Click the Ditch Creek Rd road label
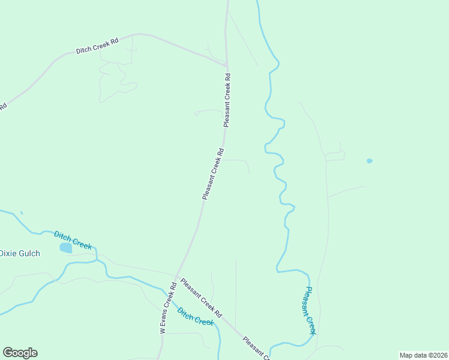[97, 46]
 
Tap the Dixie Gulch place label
[20, 253]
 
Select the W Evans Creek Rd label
[167, 308]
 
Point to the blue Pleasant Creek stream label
[310, 310]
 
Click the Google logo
[20, 353]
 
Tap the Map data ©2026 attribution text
[423, 355]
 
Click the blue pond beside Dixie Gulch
[65, 247]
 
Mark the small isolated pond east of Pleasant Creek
[369, 161]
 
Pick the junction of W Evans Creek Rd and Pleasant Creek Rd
[176, 277]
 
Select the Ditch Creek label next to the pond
[73, 240]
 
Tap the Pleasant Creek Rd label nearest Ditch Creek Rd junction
[227, 100]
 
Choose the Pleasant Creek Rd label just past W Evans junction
[202, 298]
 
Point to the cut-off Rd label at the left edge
[2, 106]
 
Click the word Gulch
[29, 253]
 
